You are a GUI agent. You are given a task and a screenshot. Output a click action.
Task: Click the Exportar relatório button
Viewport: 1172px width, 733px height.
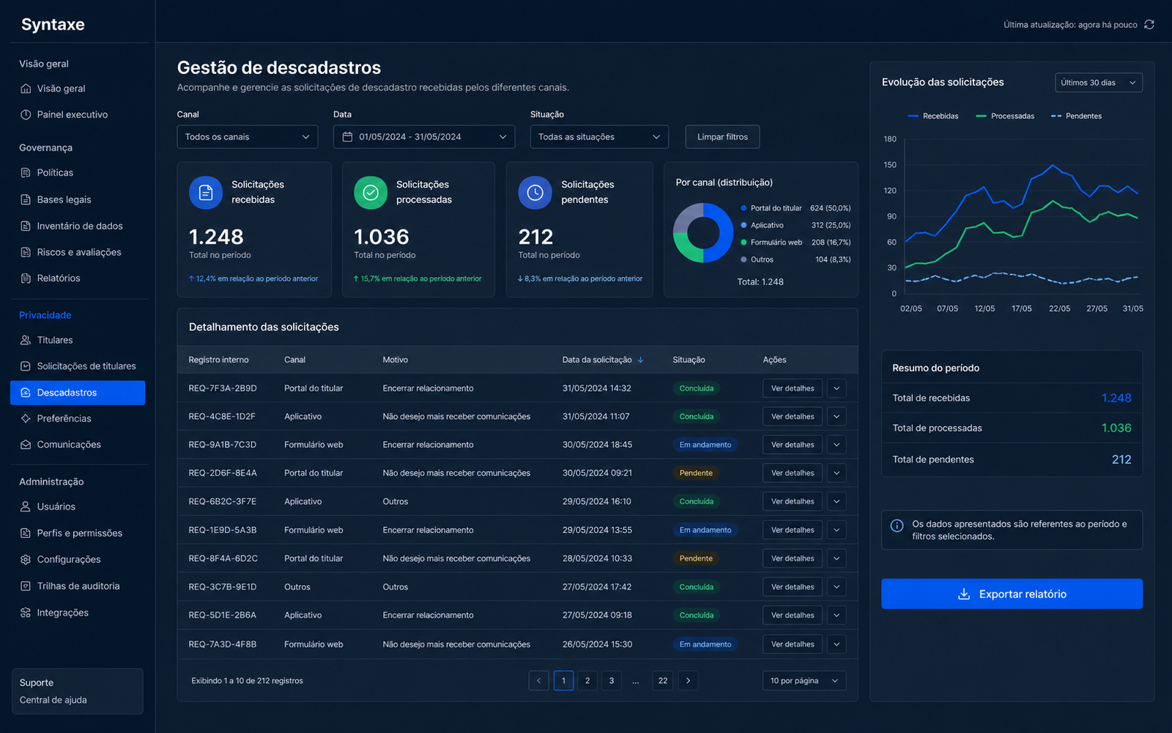[x=1012, y=594]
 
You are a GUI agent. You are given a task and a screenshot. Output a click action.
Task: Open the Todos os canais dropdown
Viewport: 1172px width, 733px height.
[x=247, y=136]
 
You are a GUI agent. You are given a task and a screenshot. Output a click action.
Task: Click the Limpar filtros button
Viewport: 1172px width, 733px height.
[x=722, y=136]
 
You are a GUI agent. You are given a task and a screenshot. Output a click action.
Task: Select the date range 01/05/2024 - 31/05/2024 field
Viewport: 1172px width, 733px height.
[x=424, y=136]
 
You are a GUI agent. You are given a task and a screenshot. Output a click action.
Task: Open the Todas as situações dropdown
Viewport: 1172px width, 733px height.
[x=599, y=136]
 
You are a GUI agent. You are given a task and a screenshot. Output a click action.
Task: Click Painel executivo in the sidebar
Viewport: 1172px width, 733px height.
[x=73, y=114]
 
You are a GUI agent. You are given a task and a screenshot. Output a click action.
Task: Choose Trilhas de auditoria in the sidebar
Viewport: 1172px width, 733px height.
[x=78, y=586]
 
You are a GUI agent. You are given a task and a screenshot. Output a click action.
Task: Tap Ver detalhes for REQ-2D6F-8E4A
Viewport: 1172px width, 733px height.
[x=792, y=473]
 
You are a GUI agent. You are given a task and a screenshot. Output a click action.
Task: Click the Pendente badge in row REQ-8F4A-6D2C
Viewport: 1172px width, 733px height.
[x=696, y=558]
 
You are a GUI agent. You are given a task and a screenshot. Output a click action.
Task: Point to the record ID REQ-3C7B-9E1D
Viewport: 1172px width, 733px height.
[x=223, y=587]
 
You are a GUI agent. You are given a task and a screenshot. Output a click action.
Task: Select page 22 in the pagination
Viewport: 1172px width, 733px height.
[x=662, y=681]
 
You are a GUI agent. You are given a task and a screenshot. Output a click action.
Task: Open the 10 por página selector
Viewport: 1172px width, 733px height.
[x=804, y=681]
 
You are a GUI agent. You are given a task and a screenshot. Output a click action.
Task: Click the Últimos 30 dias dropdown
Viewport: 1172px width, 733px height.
[x=1098, y=83]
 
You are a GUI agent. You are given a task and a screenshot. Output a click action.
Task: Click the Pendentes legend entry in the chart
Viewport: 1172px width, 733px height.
[x=1076, y=117]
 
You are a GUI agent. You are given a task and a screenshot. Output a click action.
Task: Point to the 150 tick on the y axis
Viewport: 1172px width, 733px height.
[x=889, y=165]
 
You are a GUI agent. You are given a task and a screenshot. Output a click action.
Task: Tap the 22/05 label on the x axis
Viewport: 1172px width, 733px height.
[x=1059, y=309]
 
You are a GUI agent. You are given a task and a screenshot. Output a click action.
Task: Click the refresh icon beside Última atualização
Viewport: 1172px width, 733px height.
[x=1149, y=25]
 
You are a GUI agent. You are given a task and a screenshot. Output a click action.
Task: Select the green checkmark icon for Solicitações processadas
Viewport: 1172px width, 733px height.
[x=371, y=193]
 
